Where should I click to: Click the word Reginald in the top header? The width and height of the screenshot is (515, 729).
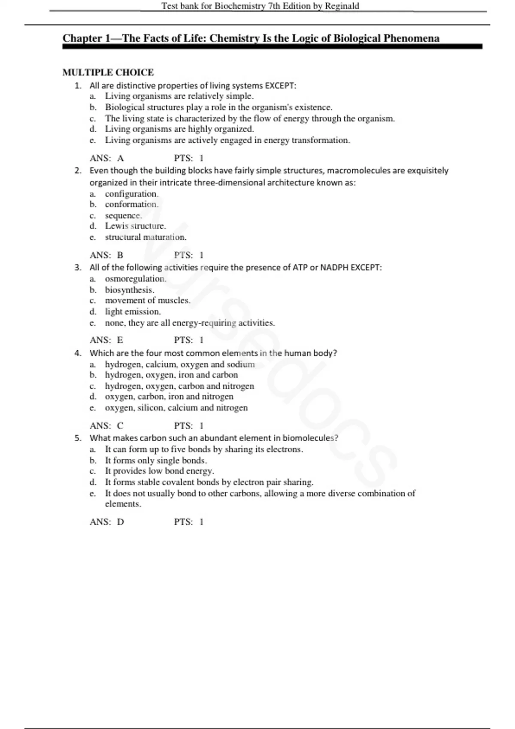click(342, 6)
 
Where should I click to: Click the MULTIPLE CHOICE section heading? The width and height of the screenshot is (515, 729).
click(108, 72)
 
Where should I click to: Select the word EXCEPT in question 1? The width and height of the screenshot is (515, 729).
click(280, 86)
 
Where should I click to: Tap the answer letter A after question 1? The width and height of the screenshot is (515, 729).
click(121, 158)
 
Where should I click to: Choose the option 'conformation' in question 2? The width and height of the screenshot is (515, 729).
click(131, 205)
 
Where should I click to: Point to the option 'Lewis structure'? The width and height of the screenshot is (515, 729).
click(135, 226)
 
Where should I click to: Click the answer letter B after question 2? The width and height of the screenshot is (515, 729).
click(120, 255)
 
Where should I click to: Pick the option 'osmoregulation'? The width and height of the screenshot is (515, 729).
click(135, 279)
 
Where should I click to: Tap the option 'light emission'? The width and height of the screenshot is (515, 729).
click(133, 312)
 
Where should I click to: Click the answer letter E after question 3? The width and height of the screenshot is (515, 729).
click(120, 340)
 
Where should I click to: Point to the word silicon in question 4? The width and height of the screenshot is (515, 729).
click(150, 408)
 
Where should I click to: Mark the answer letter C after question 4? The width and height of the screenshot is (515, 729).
click(120, 426)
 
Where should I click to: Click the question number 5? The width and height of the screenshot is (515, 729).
click(78, 438)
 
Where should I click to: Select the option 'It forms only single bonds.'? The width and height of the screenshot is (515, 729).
click(156, 461)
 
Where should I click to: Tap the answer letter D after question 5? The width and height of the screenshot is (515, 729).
click(121, 522)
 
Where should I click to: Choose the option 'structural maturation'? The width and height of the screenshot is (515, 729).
click(145, 237)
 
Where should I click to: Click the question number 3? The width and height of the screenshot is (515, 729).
click(78, 268)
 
